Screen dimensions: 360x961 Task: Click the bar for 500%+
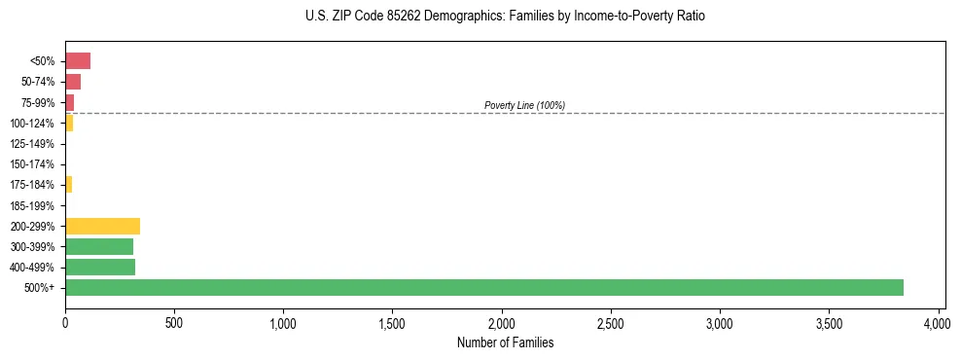click(483, 287)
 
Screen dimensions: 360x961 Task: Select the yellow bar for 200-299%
click(102, 226)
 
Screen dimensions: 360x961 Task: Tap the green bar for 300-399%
click(99, 246)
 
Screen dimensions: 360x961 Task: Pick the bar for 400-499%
click(100, 267)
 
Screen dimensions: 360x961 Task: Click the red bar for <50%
click(78, 61)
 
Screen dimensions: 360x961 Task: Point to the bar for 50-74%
click(73, 82)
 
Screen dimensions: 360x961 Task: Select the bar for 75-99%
click(69, 102)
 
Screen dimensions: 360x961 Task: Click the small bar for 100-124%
click(69, 123)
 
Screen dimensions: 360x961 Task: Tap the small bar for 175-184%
click(68, 184)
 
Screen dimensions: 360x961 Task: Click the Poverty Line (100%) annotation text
click(524, 105)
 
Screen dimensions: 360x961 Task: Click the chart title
click(505, 17)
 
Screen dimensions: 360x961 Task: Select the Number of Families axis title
click(505, 342)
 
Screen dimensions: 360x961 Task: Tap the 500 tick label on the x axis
click(174, 322)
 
